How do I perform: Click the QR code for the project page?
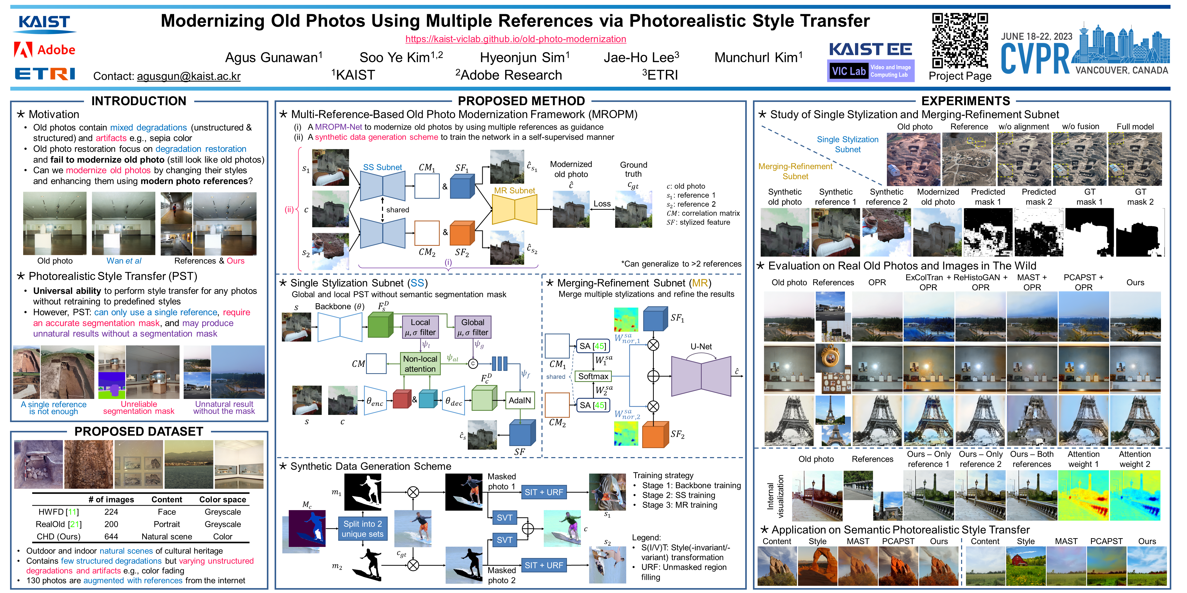tap(960, 40)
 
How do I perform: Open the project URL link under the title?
tap(516, 39)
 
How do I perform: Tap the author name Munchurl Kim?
tap(758, 58)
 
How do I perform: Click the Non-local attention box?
tap(420, 364)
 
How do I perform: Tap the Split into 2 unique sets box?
tap(363, 529)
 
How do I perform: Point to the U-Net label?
tap(701, 346)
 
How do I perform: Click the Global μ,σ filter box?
tap(472, 327)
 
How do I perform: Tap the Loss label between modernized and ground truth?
tap(602, 204)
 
